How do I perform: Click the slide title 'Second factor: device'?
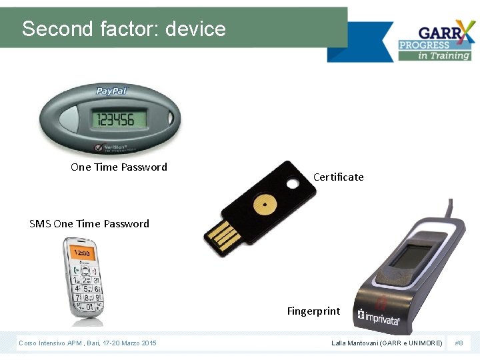point(124,29)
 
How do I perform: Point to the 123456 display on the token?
point(115,119)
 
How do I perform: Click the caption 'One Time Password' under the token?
point(119,167)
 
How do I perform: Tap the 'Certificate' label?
point(338,177)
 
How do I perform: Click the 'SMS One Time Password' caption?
point(89,224)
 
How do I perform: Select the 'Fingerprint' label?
point(313,311)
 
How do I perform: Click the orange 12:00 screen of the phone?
point(82,253)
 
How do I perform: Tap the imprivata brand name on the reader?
point(382,316)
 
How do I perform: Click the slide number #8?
point(459,343)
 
